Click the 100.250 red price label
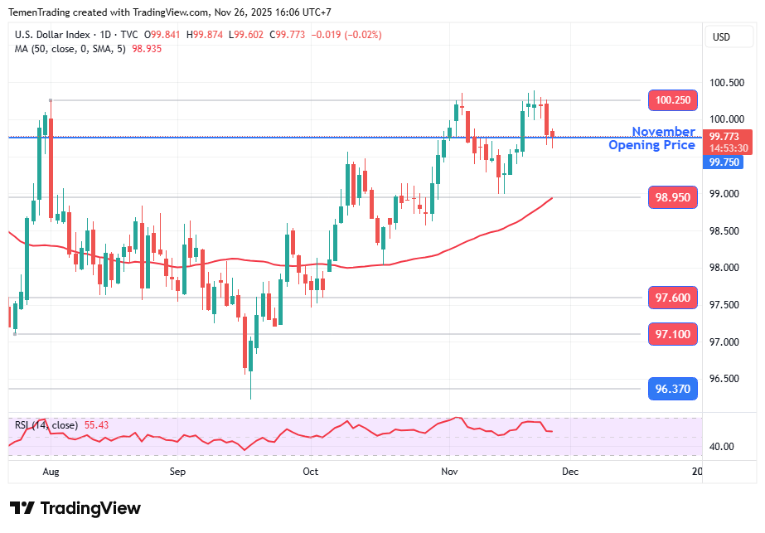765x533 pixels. [x=671, y=100]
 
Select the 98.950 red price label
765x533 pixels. [x=671, y=197]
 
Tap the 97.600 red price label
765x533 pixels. [x=671, y=298]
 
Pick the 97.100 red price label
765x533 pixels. [x=671, y=334]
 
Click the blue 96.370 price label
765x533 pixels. [x=671, y=388]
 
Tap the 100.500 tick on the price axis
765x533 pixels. [x=725, y=83]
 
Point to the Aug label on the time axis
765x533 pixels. [x=51, y=472]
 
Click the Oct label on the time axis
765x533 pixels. [x=310, y=472]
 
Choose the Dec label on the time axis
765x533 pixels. [x=569, y=472]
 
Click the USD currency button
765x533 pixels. [x=721, y=37]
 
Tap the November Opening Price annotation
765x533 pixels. [x=652, y=138]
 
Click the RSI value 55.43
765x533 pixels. [x=96, y=425]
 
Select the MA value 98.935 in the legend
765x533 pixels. [x=147, y=49]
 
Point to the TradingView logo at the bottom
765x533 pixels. [x=75, y=508]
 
